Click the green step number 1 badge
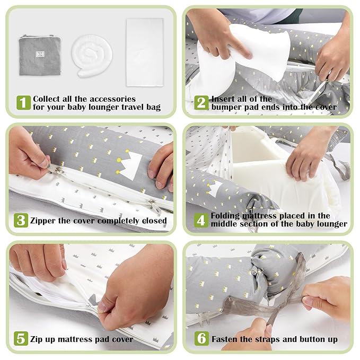click(23, 103)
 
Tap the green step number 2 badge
click(201, 103)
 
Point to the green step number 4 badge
click(201, 220)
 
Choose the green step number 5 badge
click(21, 338)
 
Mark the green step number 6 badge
click(201, 338)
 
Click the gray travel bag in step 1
click(40, 56)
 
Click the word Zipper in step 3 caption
click(46, 221)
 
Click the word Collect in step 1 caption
click(48, 99)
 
